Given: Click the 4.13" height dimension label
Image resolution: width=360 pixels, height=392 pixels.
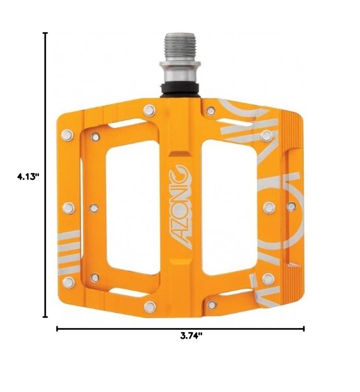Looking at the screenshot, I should click(x=28, y=176).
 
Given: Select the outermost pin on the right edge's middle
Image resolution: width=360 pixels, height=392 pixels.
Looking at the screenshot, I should click(x=291, y=206).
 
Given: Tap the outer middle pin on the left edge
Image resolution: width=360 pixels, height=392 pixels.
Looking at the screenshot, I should click(x=68, y=208).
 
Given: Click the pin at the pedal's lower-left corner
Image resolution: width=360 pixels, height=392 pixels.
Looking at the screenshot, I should click(x=68, y=282).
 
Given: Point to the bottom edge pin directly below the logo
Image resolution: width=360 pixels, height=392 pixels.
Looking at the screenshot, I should click(x=149, y=307).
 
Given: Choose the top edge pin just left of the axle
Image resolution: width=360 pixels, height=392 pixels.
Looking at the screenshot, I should click(x=149, y=110).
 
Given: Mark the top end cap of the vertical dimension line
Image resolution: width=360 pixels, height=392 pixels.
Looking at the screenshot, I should click(x=45, y=33).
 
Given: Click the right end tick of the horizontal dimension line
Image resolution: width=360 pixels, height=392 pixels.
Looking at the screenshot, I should click(x=304, y=328).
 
